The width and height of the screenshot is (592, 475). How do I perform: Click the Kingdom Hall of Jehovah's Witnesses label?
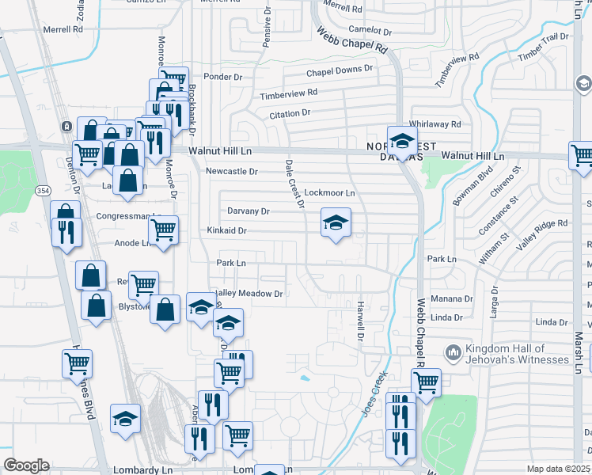click(x=517, y=354)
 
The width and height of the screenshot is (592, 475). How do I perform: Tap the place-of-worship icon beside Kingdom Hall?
click(x=453, y=351)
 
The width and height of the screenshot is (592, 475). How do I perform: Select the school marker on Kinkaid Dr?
click(x=336, y=224)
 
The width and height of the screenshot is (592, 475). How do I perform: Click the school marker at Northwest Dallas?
click(x=402, y=142)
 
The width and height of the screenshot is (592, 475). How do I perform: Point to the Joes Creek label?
click(x=374, y=393)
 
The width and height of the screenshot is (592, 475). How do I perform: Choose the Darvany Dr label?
click(x=249, y=211)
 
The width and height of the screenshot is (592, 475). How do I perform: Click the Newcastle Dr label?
click(x=232, y=171)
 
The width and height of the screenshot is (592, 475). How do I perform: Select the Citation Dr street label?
click(x=290, y=114)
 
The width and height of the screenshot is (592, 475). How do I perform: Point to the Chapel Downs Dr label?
click(x=340, y=70)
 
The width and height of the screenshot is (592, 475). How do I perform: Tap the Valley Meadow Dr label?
click(x=248, y=294)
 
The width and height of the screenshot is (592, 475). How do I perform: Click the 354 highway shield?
click(x=42, y=191)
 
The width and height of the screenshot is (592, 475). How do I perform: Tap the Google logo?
click(x=26, y=465)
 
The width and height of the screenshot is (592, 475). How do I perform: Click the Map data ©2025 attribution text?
click(x=559, y=469)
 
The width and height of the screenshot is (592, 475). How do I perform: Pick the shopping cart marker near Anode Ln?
click(x=163, y=230)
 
